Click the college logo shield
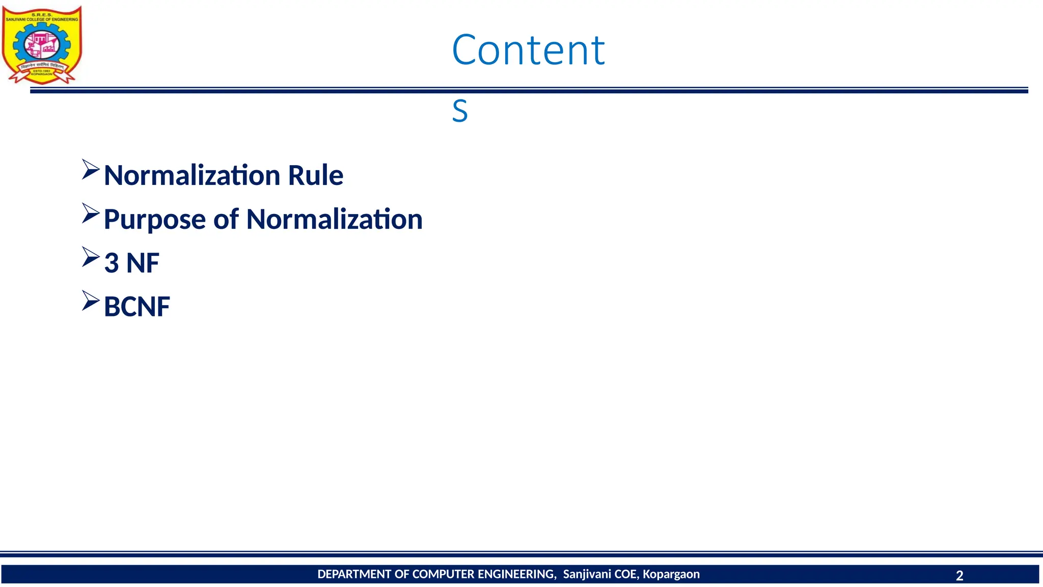[42, 45]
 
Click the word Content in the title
[528, 50]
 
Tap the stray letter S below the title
[459, 111]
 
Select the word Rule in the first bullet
[315, 175]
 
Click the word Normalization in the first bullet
[192, 175]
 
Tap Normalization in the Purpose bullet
[334, 219]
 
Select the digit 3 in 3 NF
[111, 263]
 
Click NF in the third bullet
[143, 263]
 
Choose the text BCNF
[136, 307]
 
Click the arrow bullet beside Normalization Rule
[90, 170]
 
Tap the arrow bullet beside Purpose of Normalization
[90, 214]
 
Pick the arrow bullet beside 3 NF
[90, 257]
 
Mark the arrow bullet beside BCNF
[90, 301]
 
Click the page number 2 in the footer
[959, 576]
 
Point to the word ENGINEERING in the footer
[516, 574]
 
